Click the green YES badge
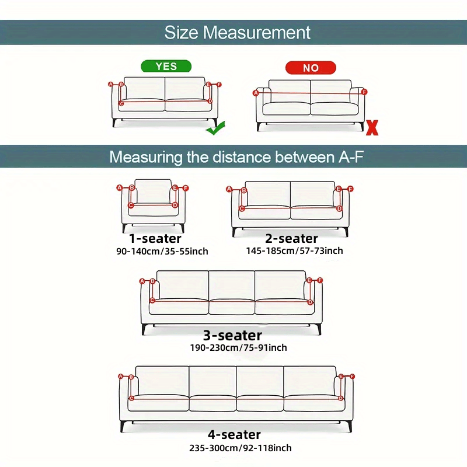tap(166, 66)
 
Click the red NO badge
tap(310, 68)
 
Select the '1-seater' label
tap(155, 238)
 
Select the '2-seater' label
tap(291, 238)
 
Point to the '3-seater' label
tap(232, 336)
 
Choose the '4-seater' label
tap(234, 435)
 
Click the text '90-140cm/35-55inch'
tap(162, 252)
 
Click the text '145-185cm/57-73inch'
tap(295, 251)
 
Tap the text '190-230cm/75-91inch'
tap(238, 348)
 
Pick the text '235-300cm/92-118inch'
tap(241, 448)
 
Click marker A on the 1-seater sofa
tap(119, 187)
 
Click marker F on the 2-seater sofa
tap(350, 189)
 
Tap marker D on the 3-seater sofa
tap(311, 302)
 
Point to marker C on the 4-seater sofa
tap(131, 399)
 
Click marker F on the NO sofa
tap(364, 92)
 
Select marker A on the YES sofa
tap(111, 84)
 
